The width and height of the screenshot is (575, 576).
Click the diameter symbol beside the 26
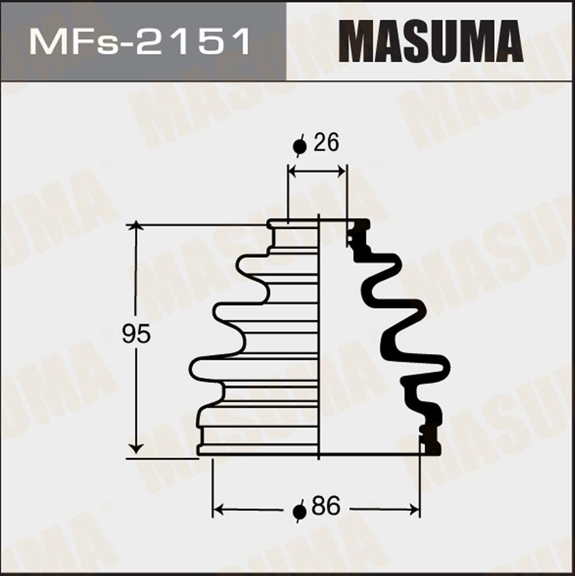click(x=300, y=146)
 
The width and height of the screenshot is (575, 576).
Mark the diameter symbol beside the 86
click(x=299, y=511)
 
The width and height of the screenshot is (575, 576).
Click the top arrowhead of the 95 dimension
click(x=136, y=225)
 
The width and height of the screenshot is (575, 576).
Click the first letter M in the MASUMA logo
click(x=360, y=42)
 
